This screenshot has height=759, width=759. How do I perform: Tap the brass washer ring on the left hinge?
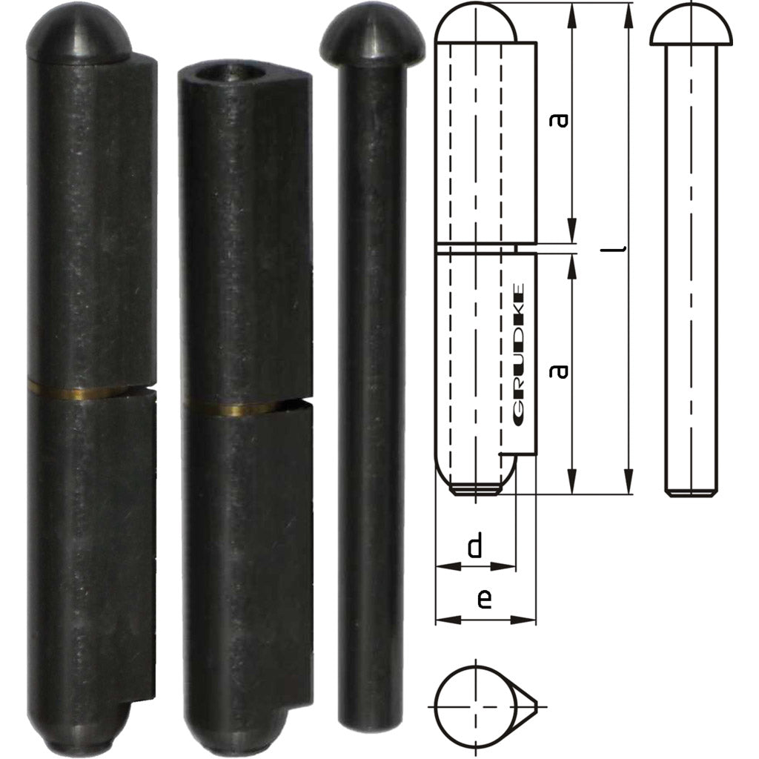pos(78,391)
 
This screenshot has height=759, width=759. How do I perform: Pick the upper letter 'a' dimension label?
pos(561,119)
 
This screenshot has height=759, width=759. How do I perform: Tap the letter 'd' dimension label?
pos(475,547)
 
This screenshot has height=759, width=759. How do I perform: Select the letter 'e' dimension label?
pos(483,599)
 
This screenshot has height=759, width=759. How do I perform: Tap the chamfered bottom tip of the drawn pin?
pos(689,491)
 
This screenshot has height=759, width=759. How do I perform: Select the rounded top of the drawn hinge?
pos(475,22)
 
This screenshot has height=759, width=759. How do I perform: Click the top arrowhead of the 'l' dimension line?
pos(629,9)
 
